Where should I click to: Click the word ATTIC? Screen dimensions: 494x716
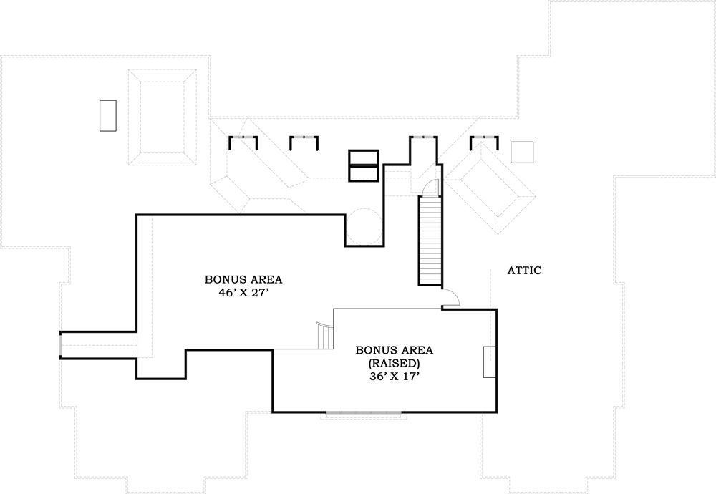[524, 271]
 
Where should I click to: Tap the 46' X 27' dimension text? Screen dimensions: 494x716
[243, 293]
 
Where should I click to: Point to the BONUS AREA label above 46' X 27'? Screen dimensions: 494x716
[243, 279]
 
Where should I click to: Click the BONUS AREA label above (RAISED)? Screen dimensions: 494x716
[394, 350]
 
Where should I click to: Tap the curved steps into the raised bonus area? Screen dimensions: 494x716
[326, 336]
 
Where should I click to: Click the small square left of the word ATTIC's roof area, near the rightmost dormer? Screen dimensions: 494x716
[522, 152]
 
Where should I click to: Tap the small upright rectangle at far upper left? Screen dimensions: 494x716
[108, 115]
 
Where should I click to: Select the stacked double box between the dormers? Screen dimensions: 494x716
[363, 165]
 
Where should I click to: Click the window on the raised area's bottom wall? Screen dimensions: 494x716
[364, 412]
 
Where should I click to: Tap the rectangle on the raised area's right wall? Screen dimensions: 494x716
[490, 362]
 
